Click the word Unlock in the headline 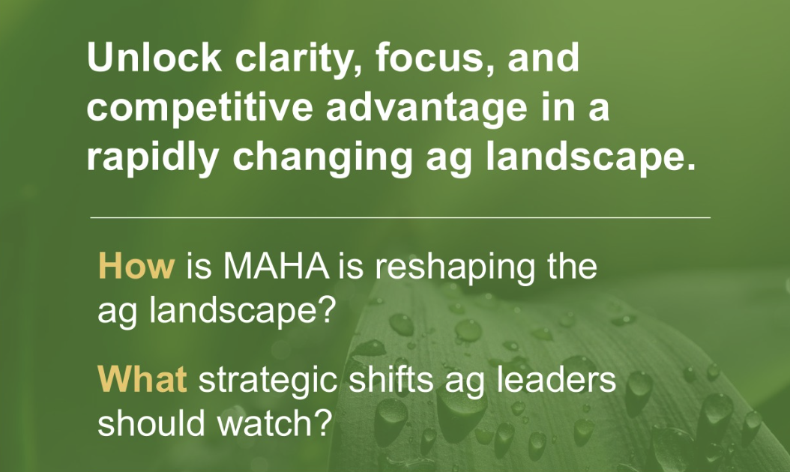(154, 58)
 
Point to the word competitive (200, 109)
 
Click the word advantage (426, 109)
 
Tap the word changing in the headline (322, 157)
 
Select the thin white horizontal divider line (400, 217)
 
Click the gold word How (136, 266)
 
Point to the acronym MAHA (276, 266)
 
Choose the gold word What (142, 379)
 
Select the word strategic (268, 381)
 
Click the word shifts (391, 379)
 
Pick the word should (151, 422)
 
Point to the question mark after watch (325, 422)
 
